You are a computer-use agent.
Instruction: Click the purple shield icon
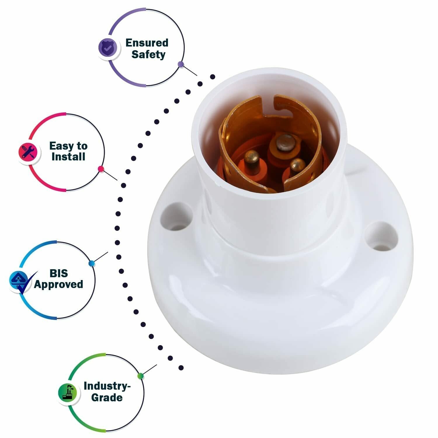click(x=108, y=48)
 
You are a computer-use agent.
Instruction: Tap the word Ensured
click(x=147, y=43)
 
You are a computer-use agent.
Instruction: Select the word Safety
click(x=148, y=55)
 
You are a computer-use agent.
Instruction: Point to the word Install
click(x=68, y=157)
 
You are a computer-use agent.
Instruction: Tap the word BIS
click(x=59, y=273)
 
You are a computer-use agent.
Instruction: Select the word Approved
click(x=58, y=284)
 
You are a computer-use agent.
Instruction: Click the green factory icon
click(x=67, y=392)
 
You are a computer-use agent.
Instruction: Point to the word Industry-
click(x=107, y=386)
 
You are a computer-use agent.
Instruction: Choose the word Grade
click(x=107, y=397)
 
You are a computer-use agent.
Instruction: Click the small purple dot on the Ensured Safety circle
click(x=181, y=65)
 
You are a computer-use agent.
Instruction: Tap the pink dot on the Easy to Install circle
click(x=101, y=169)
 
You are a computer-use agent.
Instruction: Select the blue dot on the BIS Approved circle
click(x=91, y=263)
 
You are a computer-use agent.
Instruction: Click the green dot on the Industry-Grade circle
click(x=140, y=376)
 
